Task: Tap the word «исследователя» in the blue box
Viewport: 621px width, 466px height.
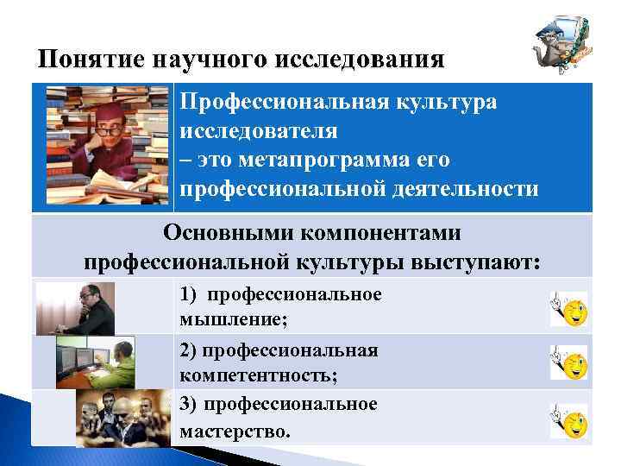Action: tap(259, 132)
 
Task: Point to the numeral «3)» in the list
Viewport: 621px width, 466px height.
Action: tap(189, 404)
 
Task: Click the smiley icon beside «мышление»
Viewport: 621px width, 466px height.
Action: tap(569, 309)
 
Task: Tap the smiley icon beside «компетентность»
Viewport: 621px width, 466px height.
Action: tap(569, 363)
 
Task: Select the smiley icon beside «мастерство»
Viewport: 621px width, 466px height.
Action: tap(569, 420)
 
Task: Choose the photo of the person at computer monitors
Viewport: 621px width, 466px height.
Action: tap(96, 362)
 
